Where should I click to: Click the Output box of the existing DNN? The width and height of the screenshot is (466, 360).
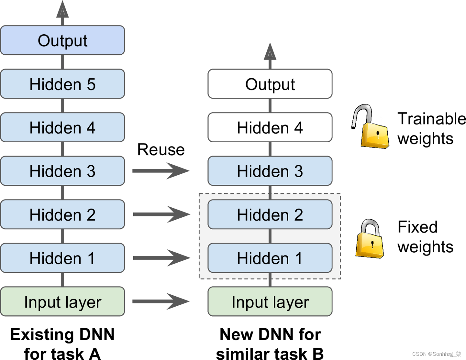click(x=62, y=40)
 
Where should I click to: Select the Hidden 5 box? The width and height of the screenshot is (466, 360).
click(x=62, y=84)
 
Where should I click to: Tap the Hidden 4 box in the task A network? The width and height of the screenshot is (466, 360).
click(x=62, y=127)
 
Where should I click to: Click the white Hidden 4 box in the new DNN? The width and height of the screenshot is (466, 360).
click(x=270, y=127)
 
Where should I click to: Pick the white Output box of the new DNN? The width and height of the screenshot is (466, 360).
click(x=270, y=84)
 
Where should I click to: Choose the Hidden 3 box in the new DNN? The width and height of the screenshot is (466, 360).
click(x=270, y=171)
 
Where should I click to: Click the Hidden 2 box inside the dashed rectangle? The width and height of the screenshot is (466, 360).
click(x=270, y=214)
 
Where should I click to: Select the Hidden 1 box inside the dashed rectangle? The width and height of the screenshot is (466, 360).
click(x=270, y=258)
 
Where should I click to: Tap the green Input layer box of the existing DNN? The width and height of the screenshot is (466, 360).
click(x=62, y=301)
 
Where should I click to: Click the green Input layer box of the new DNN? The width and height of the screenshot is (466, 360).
click(x=270, y=301)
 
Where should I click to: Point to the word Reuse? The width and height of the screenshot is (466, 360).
click(x=161, y=149)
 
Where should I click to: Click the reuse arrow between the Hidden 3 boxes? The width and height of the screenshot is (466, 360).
click(x=161, y=171)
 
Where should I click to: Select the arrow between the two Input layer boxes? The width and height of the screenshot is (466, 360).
click(x=161, y=301)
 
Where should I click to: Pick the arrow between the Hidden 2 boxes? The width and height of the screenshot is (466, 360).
click(x=162, y=214)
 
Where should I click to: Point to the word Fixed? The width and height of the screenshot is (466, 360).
click(x=417, y=227)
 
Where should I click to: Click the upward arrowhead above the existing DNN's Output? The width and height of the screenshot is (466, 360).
click(x=62, y=9)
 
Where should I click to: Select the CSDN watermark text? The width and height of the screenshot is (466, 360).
click(x=437, y=354)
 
